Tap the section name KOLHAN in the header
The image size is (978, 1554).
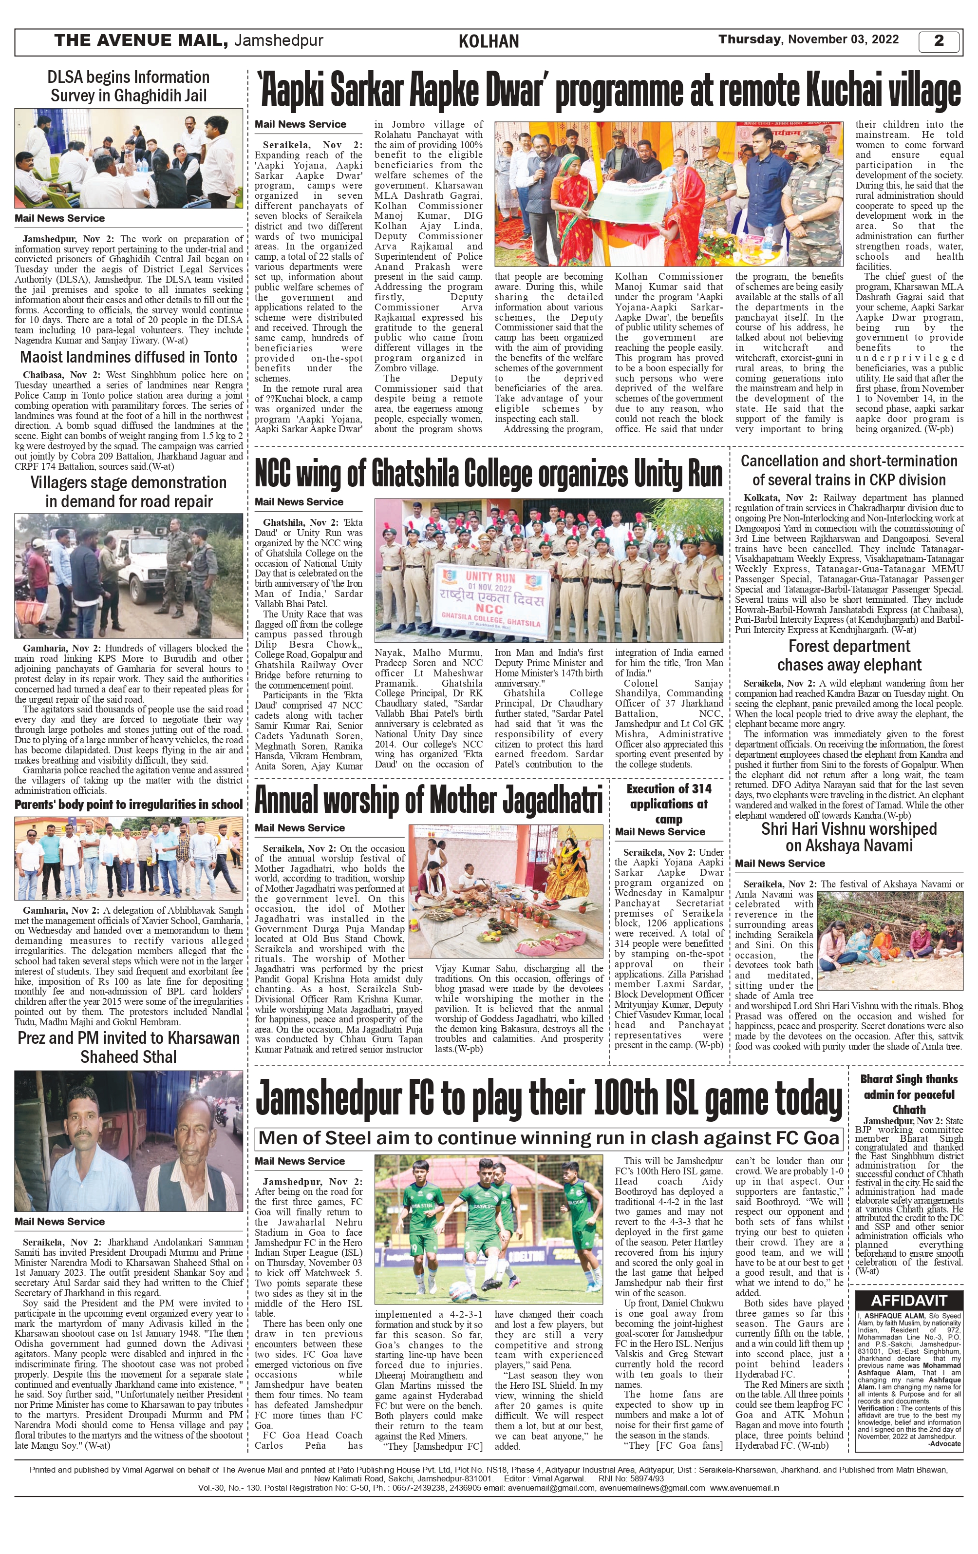point(489,42)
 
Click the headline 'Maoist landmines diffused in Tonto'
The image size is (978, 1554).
point(129,358)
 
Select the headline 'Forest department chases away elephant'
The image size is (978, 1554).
point(849,656)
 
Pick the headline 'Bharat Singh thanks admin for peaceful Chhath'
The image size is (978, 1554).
point(908,1094)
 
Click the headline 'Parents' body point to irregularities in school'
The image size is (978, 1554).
point(129,805)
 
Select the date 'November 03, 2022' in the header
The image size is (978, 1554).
point(843,39)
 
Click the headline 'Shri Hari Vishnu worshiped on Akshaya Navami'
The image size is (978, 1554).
point(849,837)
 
